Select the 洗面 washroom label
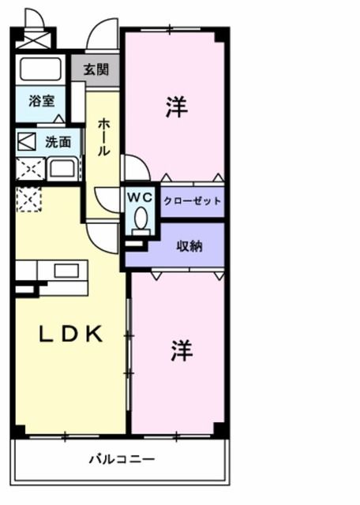[58, 143]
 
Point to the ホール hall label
[103, 137]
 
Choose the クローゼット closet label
[192, 201]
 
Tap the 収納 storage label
[189, 246]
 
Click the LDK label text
[72, 335]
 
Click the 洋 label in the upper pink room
[176, 108]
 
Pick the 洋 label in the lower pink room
[182, 351]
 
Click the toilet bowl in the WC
[141, 218]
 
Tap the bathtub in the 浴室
[41, 68]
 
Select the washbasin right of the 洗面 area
[62, 168]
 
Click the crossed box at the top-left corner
[33, 38]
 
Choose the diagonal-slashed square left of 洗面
[27, 143]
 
